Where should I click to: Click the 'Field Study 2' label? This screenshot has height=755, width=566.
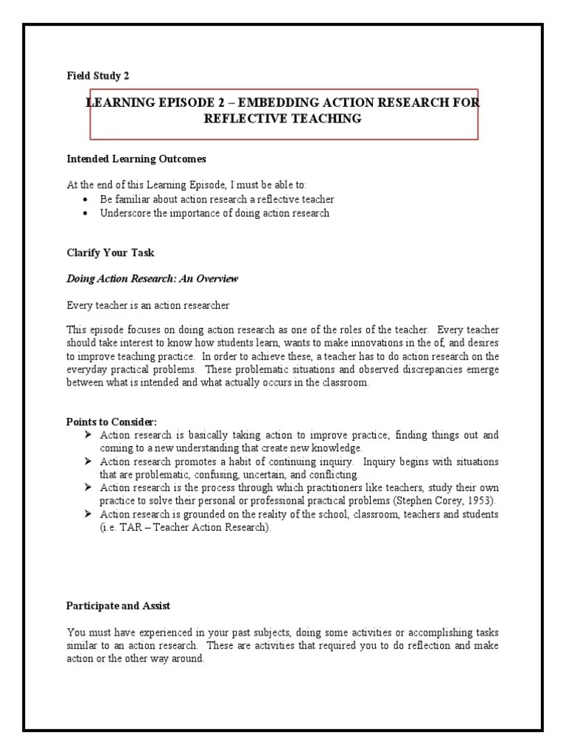click(x=98, y=74)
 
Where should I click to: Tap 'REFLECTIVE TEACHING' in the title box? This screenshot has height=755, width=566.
click(x=283, y=119)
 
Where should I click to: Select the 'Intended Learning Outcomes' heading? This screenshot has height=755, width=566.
click(x=137, y=159)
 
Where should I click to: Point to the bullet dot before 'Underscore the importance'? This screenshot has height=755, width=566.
click(x=86, y=213)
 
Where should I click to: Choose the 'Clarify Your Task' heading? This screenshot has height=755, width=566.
click(x=111, y=252)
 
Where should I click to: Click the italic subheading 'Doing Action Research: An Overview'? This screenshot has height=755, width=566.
click(x=153, y=279)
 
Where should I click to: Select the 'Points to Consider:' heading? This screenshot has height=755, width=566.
click(x=111, y=422)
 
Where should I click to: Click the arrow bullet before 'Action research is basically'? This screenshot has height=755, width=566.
click(x=88, y=435)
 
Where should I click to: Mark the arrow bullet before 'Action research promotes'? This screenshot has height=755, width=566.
click(x=88, y=462)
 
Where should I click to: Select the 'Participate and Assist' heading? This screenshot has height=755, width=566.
click(x=119, y=605)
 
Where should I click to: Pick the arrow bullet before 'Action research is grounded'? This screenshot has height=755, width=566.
click(x=88, y=515)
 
